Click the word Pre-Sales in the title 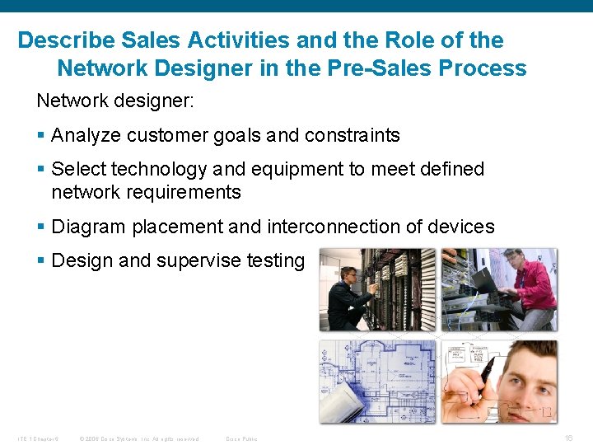point(381,68)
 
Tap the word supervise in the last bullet point(198,260)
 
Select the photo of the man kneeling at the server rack point(377,289)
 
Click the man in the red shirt point(527,284)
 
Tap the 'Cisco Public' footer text point(241,438)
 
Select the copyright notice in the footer point(138,438)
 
